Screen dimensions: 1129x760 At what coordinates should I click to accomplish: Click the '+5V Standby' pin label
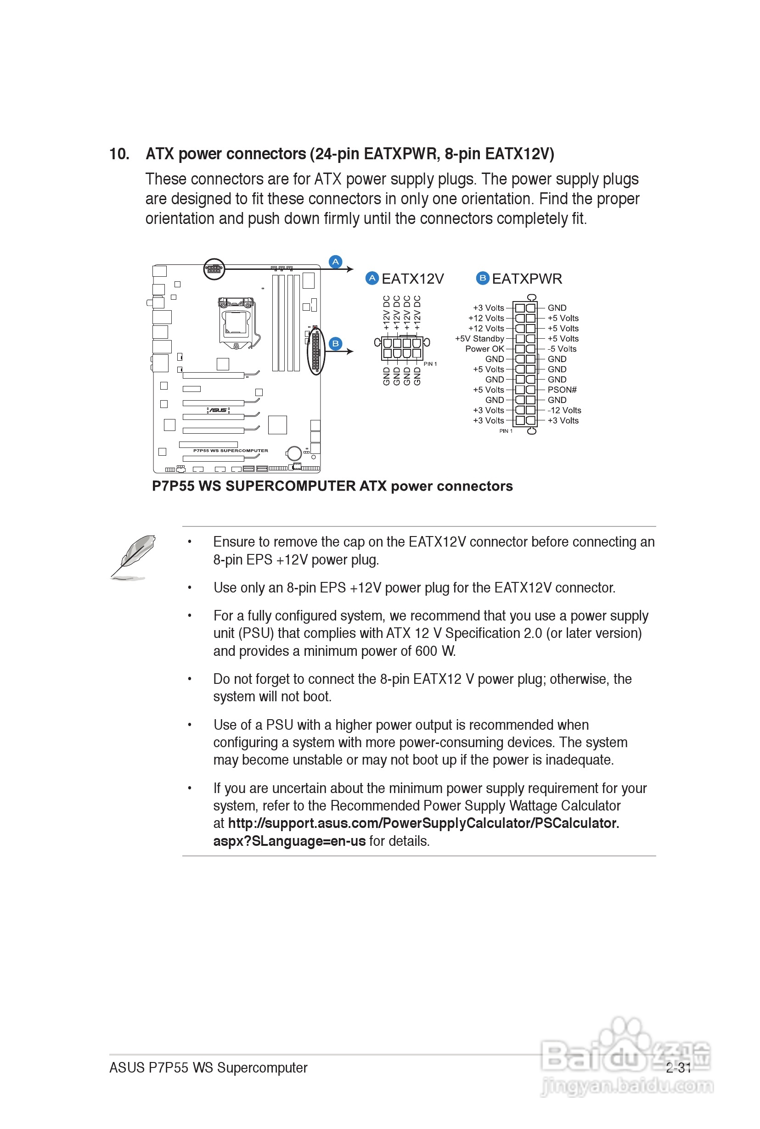[479, 339]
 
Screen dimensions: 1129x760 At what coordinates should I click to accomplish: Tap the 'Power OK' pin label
[484, 349]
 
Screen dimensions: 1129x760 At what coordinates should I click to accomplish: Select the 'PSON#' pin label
[562, 389]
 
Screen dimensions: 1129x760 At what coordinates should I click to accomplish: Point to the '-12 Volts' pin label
[564, 410]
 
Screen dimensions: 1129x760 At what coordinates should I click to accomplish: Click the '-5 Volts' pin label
[562, 349]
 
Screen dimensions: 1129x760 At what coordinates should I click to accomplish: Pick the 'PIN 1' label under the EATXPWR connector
[506, 430]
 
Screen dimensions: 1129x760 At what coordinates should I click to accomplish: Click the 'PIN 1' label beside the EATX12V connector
[430, 364]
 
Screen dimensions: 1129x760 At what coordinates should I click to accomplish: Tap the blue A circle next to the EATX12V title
[372, 278]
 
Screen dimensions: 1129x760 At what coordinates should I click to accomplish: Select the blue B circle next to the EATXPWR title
[482, 278]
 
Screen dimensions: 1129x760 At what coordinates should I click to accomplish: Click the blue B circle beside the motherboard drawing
[335, 343]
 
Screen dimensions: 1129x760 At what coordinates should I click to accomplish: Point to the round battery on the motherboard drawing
[294, 453]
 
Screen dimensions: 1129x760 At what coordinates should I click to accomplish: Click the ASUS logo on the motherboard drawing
[218, 410]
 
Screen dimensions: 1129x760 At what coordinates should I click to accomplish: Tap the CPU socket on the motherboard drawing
[236, 323]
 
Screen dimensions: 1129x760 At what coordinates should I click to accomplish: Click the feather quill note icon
[132, 557]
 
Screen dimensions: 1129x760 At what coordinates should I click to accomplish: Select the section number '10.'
[119, 154]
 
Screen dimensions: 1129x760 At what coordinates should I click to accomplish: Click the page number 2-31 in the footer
[678, 1068]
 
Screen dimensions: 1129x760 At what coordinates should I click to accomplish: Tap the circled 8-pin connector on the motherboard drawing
[214, 269]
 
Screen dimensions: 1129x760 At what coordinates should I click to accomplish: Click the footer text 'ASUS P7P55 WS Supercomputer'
[208, 1068]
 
